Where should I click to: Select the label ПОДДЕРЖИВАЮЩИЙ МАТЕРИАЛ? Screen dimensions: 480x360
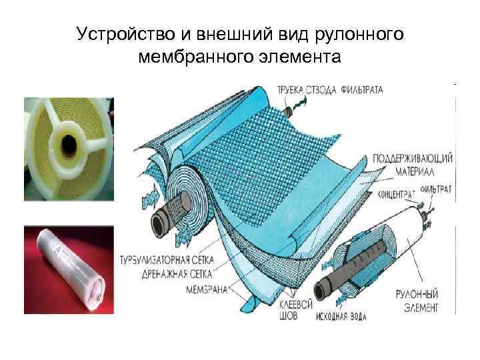click(x=413, y=165)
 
